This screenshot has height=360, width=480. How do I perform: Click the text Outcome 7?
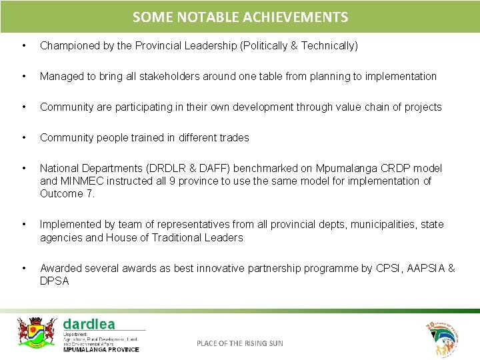click(67, 194)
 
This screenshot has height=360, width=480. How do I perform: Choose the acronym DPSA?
click(55, 281)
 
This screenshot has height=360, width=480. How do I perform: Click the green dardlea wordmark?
click(89, 324)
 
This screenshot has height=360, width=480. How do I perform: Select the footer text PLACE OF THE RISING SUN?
click(239, 343)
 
